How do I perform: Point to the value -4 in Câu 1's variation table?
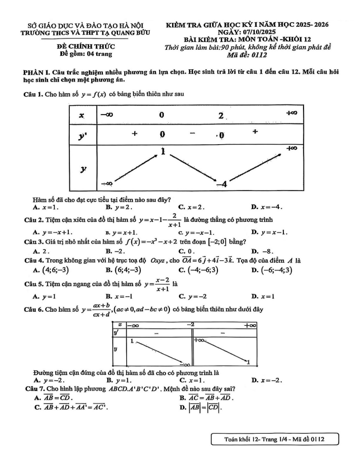point(221,184)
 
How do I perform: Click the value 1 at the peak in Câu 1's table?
point(163,151)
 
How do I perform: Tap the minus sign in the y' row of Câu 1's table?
point(192,134)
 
